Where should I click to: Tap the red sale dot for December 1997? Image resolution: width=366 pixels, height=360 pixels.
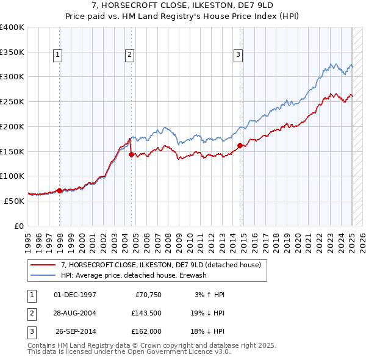click(60, 190)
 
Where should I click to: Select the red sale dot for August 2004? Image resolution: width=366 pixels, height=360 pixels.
click(132, 154)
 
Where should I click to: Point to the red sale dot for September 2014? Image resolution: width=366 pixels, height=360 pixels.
click(240, 145)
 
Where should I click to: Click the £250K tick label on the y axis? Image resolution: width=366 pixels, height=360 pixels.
click(12, 102)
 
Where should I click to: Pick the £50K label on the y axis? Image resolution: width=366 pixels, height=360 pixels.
click(15, 201)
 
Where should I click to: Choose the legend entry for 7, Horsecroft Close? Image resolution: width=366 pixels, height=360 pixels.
click(161, 265)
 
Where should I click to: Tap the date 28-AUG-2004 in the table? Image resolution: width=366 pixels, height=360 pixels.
click(75, 313)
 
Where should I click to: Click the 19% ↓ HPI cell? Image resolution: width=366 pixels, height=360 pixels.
click(207, 313)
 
